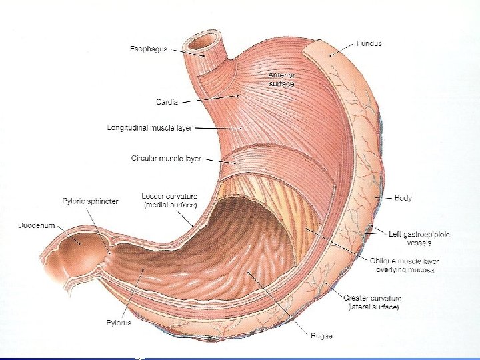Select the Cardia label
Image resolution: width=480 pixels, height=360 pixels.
point(167,102)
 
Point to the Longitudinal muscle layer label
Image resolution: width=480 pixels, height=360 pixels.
point(149,127)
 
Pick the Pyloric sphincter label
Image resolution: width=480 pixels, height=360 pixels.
point(90,201)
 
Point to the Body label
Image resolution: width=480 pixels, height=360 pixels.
point(403,198)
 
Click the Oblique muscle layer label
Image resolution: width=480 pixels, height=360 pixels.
point(402,266)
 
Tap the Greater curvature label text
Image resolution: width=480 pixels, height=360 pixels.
point(373,302)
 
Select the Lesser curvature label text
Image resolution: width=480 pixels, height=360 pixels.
point(169,200)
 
